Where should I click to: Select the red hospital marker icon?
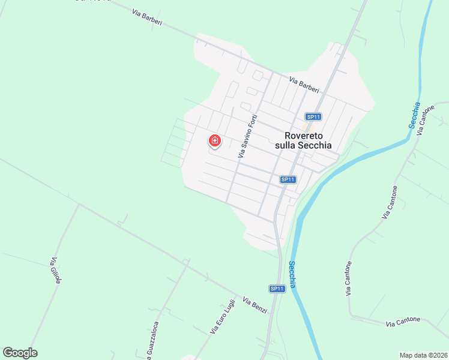pos(215,141)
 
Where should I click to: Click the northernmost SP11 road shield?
pos(313,117)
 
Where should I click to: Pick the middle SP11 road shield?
pos(288,179)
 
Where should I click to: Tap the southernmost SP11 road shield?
pos(277,289)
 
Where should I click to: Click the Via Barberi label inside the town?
pos(304,85)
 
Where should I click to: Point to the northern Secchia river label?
pos(413,115)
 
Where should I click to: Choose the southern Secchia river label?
pos(292,274)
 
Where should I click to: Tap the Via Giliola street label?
pos(56,270)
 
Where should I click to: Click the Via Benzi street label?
pos(255,305)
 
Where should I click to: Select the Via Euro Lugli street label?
pos(222,317)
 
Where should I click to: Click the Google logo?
pos(20,353)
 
